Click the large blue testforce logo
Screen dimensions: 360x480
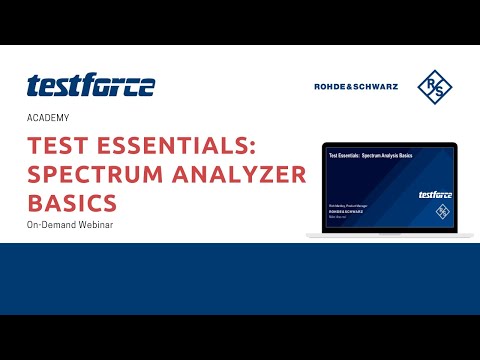(x=91, y=86)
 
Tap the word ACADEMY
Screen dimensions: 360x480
(x=48, y=118)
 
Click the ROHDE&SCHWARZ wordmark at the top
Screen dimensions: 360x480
(x=357, y=86)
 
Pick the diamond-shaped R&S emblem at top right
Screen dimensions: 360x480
(x=434, y=86)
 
